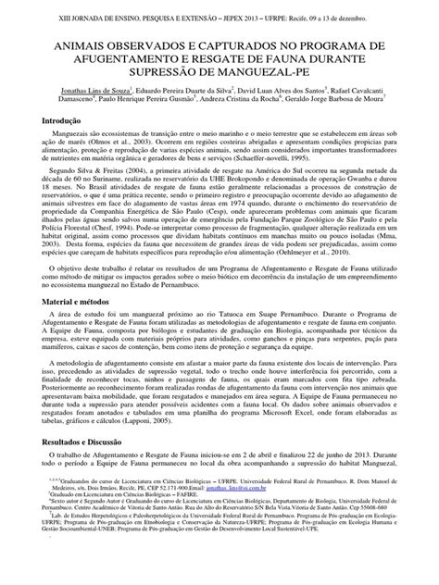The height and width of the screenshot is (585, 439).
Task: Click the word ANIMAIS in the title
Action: [68, 44]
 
